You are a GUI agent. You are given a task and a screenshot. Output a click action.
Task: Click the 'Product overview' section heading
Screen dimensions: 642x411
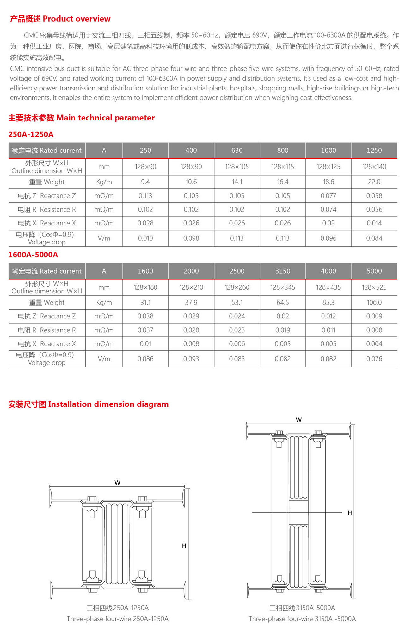pos(60,19)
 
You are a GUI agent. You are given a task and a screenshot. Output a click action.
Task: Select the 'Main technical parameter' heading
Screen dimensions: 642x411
pos(81,118)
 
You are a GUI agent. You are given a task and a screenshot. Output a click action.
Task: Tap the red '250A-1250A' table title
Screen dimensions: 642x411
pos(31,134)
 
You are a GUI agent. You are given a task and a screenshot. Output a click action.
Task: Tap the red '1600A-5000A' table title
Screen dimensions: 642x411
pos(33,255)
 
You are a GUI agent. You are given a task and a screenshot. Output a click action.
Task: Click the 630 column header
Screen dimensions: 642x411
pos(237,151)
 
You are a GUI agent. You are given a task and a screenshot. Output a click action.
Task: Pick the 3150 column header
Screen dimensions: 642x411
pos(283,271)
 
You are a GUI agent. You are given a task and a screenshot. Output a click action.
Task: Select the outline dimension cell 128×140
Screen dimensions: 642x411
pos(374,167)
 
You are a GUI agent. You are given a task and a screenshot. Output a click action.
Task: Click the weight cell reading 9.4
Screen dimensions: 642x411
pos(145,182)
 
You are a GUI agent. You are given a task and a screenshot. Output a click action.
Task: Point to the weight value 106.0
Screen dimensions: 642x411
pos(374,303)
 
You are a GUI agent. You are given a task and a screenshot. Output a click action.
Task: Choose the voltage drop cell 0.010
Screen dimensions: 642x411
pos(145,238)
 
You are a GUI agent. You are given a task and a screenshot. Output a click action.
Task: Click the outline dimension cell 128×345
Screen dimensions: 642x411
pos(283,287)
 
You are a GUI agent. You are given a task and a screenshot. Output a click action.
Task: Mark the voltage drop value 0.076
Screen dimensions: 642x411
pos(374,359)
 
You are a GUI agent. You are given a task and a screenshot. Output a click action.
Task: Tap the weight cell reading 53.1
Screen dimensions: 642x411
pos(237,303)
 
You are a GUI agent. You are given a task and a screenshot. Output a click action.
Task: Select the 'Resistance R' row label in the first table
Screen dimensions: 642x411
pos(47,209)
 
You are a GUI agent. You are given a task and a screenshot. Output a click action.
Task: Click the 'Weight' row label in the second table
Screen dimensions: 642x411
pos(47,303)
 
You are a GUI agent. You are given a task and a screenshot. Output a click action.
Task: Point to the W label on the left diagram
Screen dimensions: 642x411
pos(117,483)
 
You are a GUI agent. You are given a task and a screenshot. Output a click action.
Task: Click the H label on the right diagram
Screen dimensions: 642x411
pos(350,513)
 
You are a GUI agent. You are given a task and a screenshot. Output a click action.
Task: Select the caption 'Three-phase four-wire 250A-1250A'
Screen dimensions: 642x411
pos(117,619)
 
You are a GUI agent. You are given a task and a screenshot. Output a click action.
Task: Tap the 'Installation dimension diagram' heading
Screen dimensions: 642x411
pos(89,404)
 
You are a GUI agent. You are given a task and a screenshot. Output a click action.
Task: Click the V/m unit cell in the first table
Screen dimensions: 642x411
pos(104,238)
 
